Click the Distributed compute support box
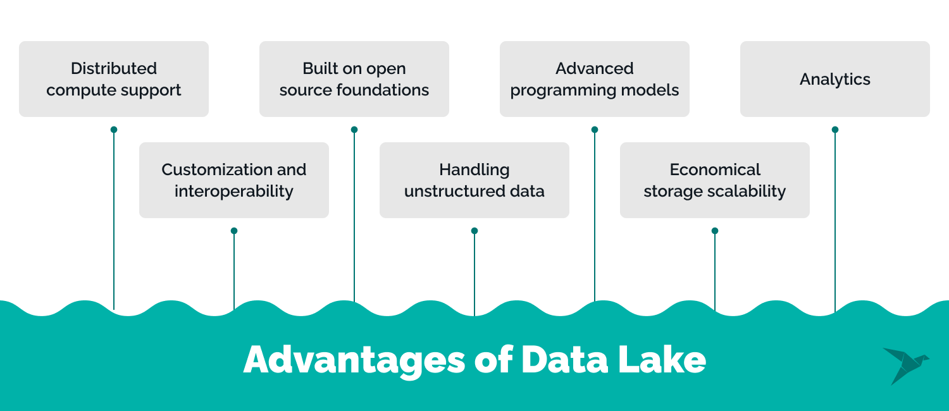click(114, 79)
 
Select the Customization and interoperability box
click(234, 180)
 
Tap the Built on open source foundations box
click(354, 79)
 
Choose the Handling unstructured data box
click(475, 180)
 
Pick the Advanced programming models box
click(595, 79)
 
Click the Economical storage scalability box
click(715, 180)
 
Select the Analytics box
click(835, 79)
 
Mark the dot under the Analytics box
click(835, 130)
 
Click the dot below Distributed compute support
click(114, 130)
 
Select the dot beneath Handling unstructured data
click(475, 231)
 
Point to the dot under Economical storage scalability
click(715, 231)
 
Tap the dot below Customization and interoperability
click(234, 231)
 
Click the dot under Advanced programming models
click(595, 130)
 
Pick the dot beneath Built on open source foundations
click(354, 130)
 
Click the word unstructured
click(455, 191)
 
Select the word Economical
click(715, 169)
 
